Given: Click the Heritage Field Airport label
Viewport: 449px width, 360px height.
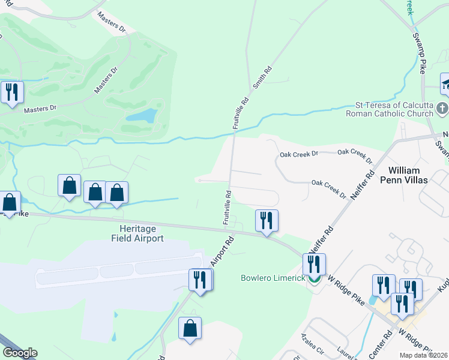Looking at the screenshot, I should point(137,234).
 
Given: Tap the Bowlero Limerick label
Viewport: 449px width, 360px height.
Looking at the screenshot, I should point(274,278).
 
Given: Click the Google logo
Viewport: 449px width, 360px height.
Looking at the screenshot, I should point(20,353).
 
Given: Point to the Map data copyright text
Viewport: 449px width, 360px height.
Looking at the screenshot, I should point(423,355).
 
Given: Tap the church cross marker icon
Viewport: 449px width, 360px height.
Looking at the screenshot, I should point(442,109).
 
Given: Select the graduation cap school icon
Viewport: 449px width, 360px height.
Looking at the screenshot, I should point(446,83).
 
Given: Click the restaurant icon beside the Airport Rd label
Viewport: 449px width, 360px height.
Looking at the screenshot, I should point(200,280).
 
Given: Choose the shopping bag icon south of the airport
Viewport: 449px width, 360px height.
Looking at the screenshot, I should point(190,329).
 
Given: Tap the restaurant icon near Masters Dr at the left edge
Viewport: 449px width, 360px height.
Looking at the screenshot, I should point(12,92).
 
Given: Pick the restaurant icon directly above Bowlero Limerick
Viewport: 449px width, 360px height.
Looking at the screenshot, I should point(313,264).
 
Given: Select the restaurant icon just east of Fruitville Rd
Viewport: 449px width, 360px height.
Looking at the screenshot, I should point(267,220).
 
